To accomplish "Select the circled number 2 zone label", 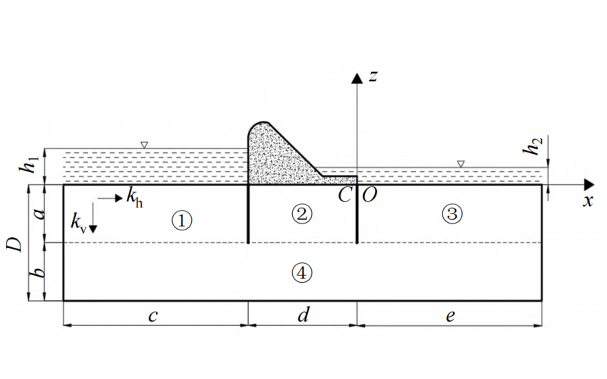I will pos(302,214).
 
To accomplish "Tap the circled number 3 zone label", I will pos(452,214).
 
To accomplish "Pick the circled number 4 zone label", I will pos(302,273).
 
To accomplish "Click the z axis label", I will pos(373,75).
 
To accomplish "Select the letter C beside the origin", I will pos(345,195).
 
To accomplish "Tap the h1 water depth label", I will pos(31,165).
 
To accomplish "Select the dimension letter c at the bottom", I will pos(153,317).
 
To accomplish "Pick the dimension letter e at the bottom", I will pos(450,317).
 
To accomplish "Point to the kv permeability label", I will pos(78,223).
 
